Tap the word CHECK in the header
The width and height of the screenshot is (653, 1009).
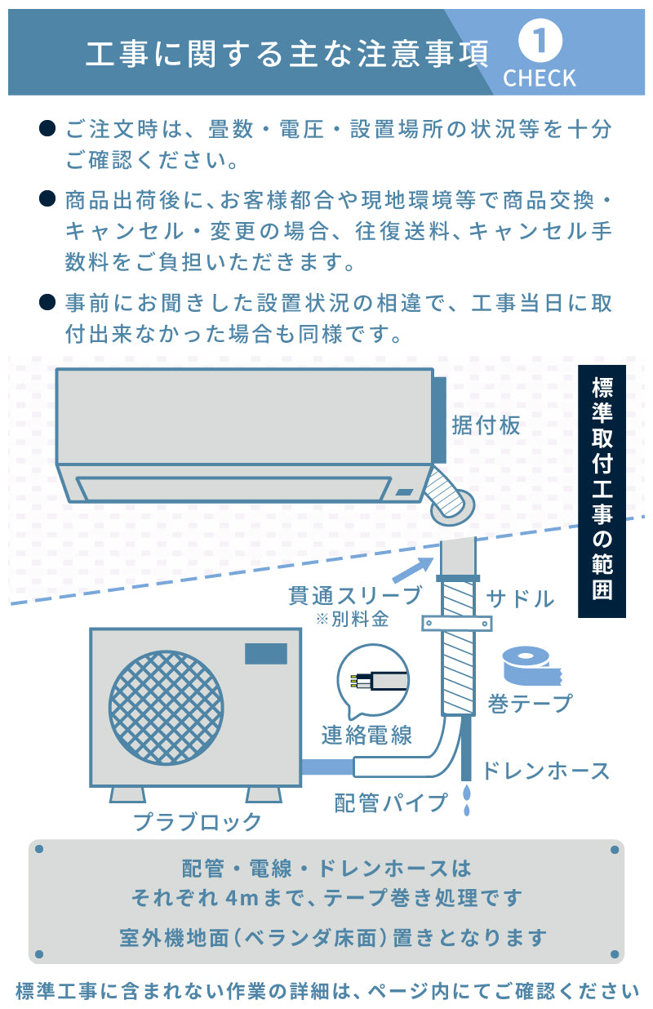tap(540, 78)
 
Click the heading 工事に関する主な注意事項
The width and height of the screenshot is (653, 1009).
tap(287, 53)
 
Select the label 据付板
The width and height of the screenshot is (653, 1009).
tap(486, 425)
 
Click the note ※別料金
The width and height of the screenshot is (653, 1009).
tap(352, 619)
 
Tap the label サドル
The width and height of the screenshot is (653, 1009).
tap(521, 598)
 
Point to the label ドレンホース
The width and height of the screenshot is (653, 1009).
tap(545, 771)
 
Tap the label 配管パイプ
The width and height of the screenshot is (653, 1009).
tap(392, 802)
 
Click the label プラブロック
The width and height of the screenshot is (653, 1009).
tap(198, 821)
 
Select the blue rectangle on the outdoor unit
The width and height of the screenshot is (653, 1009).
tap(267, 653)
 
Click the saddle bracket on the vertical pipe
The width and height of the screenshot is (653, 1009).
tap(457, 625)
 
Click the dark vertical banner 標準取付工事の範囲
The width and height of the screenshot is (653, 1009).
tap(602, 490)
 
